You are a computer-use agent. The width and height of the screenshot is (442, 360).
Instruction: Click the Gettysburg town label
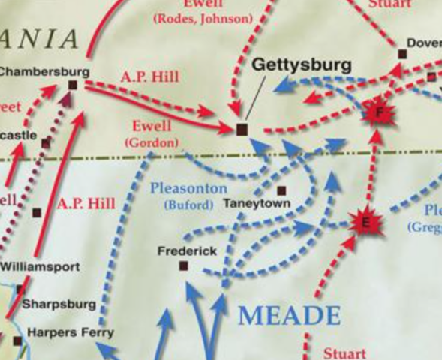tap(301, 64)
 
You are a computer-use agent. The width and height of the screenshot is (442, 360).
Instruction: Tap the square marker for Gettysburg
tap(241, 130)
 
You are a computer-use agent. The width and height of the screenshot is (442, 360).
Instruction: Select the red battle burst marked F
tap(379, 113)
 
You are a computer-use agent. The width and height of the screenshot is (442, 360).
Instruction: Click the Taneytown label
tap(257, 203)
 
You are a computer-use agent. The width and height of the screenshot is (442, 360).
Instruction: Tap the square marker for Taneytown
tap(282, 190)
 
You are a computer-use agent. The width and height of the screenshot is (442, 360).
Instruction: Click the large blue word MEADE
tap(289, 315)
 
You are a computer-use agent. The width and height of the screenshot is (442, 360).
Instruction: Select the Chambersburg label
tap(44, 72)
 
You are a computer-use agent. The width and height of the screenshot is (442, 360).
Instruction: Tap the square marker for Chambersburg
tap(73, 85)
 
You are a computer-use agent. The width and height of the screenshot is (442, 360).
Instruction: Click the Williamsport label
tap(39, 266)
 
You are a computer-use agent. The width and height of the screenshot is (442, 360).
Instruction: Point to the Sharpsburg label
tap(59, 304)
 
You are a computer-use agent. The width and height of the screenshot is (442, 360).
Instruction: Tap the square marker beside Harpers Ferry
tap(17, 341)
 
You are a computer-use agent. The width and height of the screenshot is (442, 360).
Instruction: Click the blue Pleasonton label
tap(188, 188)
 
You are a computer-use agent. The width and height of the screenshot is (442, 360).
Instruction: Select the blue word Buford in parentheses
tap(188, 204)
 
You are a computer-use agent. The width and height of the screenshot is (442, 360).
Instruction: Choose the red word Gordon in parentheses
tap(152, 142)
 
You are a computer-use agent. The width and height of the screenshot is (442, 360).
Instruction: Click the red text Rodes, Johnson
tap(203, 19)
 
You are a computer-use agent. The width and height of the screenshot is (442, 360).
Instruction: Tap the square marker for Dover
tap(402, 54)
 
